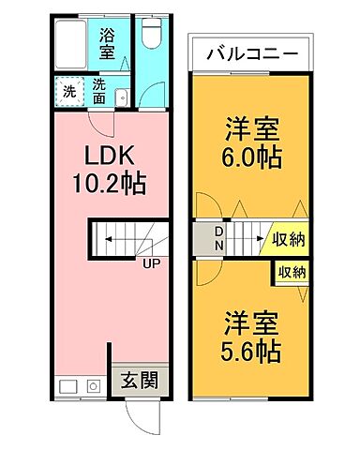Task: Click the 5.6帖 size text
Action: coord(250,352)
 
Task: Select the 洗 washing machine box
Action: coord(68,93)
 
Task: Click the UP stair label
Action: coord(150,263)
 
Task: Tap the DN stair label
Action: coord(217,238)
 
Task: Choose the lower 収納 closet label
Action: coord(292,273)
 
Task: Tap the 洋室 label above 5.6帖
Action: coord(250,322)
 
